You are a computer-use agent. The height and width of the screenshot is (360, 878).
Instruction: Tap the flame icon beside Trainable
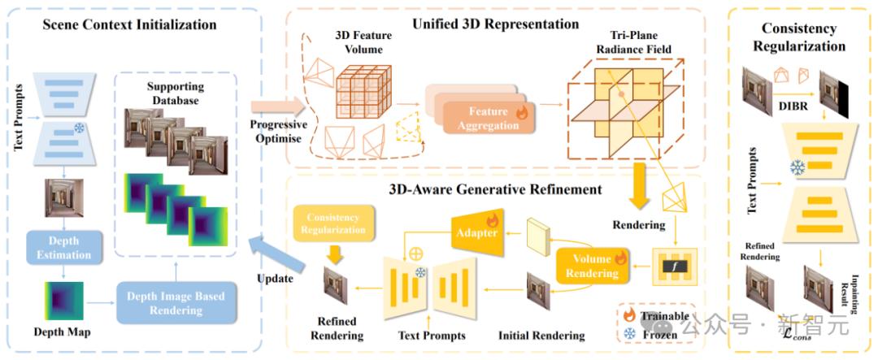pyautogui.click(x=630, y=315)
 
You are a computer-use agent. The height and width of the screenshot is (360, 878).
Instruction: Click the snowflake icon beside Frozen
pyautogui.click(x=630, y=333)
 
